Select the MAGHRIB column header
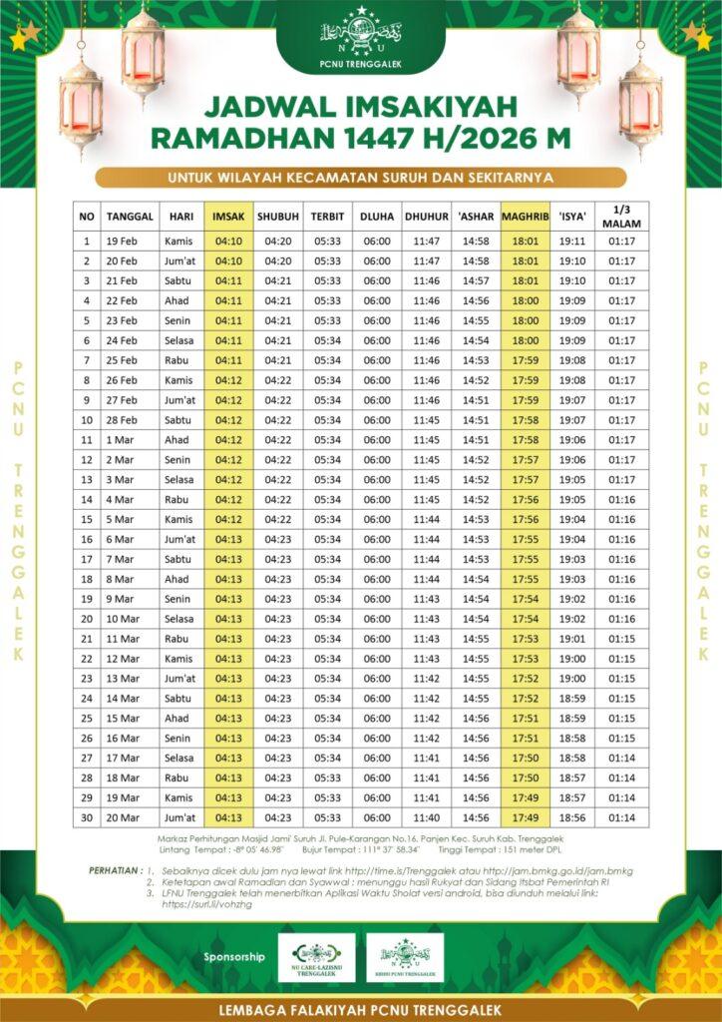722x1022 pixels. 525,216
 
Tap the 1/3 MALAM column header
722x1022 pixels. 621,216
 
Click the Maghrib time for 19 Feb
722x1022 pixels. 525,242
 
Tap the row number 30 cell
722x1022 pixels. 87,817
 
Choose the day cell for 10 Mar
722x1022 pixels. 180,619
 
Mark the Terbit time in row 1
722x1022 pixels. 326,242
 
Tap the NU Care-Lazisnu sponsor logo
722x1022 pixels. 316,957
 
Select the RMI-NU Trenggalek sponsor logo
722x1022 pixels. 404,957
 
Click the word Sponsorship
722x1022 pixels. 234,956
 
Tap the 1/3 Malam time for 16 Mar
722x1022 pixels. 621,739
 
